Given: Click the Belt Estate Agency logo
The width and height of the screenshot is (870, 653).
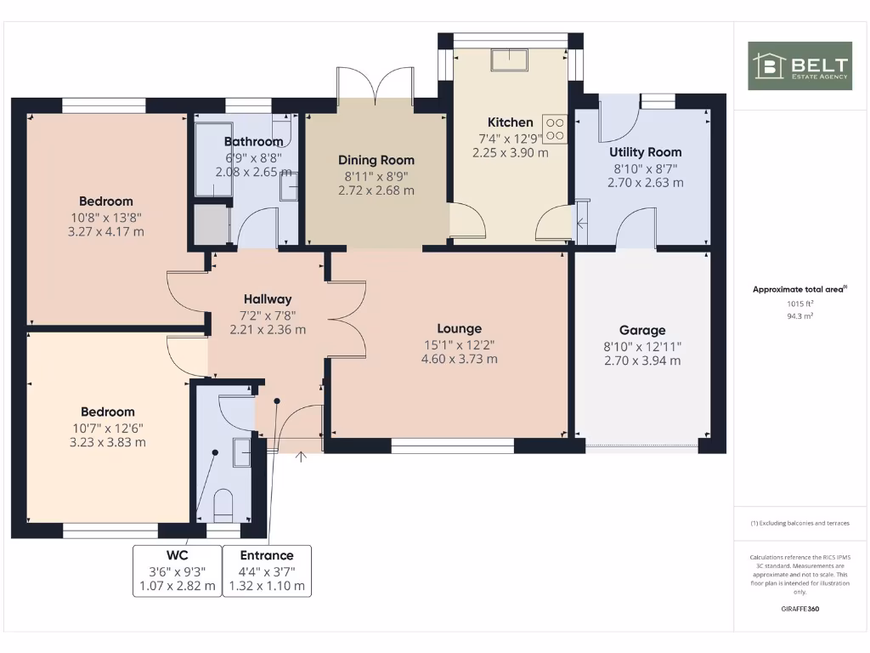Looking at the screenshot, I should click(799, 65).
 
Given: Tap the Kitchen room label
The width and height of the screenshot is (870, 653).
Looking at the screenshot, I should click(510, 122).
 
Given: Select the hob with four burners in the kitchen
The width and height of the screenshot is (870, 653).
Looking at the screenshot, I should click(555, 128).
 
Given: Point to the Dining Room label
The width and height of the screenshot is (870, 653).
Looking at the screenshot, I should click(376, 160).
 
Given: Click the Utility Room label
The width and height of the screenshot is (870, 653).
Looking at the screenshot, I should click(645, 152).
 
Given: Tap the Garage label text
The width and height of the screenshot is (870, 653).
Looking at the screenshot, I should click(642, 330).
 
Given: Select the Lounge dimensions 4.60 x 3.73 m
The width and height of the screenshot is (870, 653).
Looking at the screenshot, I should click(460, 359).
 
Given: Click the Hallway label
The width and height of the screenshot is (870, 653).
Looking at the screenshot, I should click(268, 298).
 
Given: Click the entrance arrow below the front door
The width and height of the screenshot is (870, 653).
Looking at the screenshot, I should click(301, 458).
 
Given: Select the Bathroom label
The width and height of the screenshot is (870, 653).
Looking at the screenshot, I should click(253, 141).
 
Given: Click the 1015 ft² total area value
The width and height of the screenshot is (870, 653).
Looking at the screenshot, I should click(799, 303).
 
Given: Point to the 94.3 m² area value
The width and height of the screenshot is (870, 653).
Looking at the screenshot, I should click(799, 315).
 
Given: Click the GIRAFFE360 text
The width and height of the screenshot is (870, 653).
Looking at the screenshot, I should click(799, 609).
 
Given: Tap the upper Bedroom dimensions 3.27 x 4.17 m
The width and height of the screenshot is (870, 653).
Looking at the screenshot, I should click(106, 231).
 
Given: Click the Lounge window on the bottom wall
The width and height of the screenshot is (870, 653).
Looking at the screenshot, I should click(453, 446).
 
